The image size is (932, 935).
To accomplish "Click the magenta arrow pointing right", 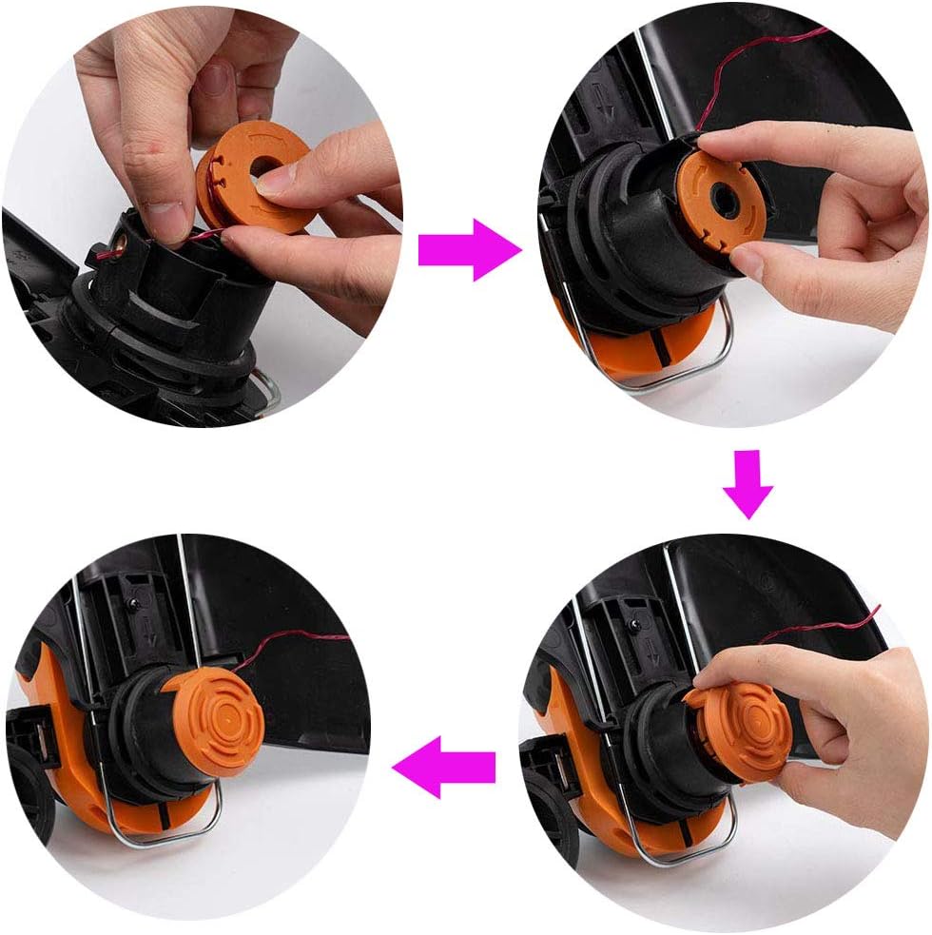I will coord(468,250).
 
